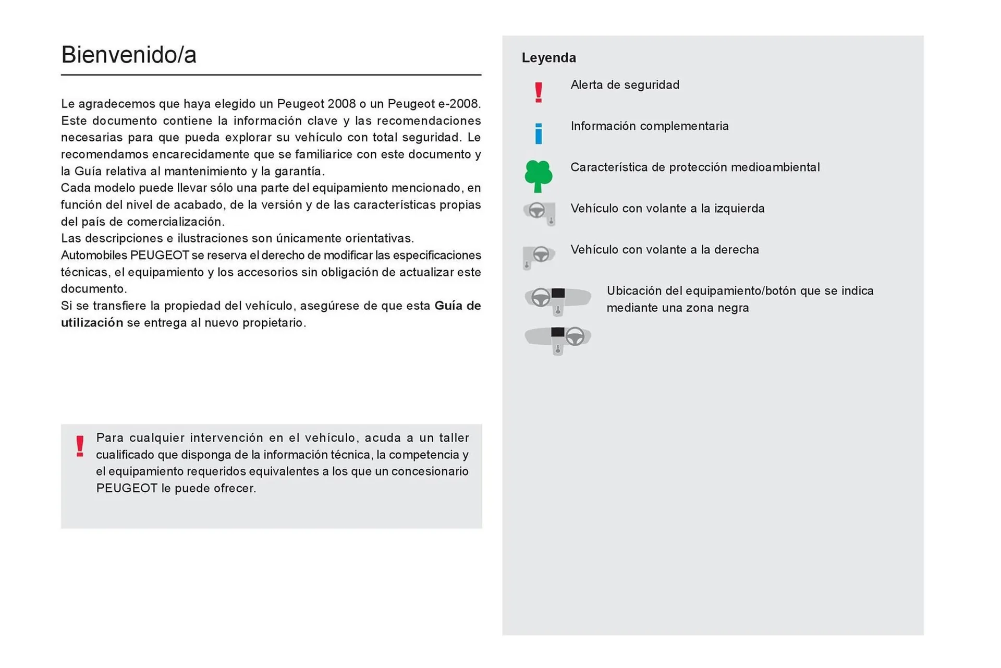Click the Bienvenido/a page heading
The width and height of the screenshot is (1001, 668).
(x=128, y=55)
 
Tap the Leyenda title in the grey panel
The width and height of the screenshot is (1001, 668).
(x=548, y=58)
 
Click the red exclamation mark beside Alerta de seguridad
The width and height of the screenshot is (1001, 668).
(x=539, y=93)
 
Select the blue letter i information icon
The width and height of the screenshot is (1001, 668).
(x=539, y=133)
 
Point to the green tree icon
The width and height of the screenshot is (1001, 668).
(x=538, y=176)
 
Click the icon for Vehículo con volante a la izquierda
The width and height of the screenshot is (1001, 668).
(x=539, y=213)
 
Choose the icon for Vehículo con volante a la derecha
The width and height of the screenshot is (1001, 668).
(x=539, y=256)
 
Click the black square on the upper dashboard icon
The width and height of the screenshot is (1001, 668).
(x=558, y=293)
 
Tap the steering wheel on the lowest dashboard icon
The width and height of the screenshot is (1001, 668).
(x=575, y=336)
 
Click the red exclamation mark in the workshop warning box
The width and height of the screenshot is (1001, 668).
(x=80, y=446)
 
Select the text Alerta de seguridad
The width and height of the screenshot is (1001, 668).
(x=625, y=85)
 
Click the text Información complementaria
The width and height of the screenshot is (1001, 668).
(x=649, y=126)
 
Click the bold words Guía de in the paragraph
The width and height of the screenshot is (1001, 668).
(x=457, y=306)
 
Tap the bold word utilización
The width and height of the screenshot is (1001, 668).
(x=92, y=323)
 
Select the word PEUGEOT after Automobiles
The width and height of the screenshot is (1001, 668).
(x=160, y=256)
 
